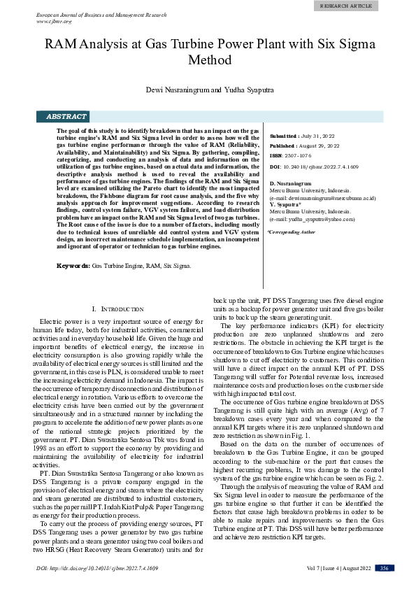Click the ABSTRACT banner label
point(66,117)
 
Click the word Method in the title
point(208,60)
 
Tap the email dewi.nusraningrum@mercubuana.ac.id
point(324,198)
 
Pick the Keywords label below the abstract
point(72,266)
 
